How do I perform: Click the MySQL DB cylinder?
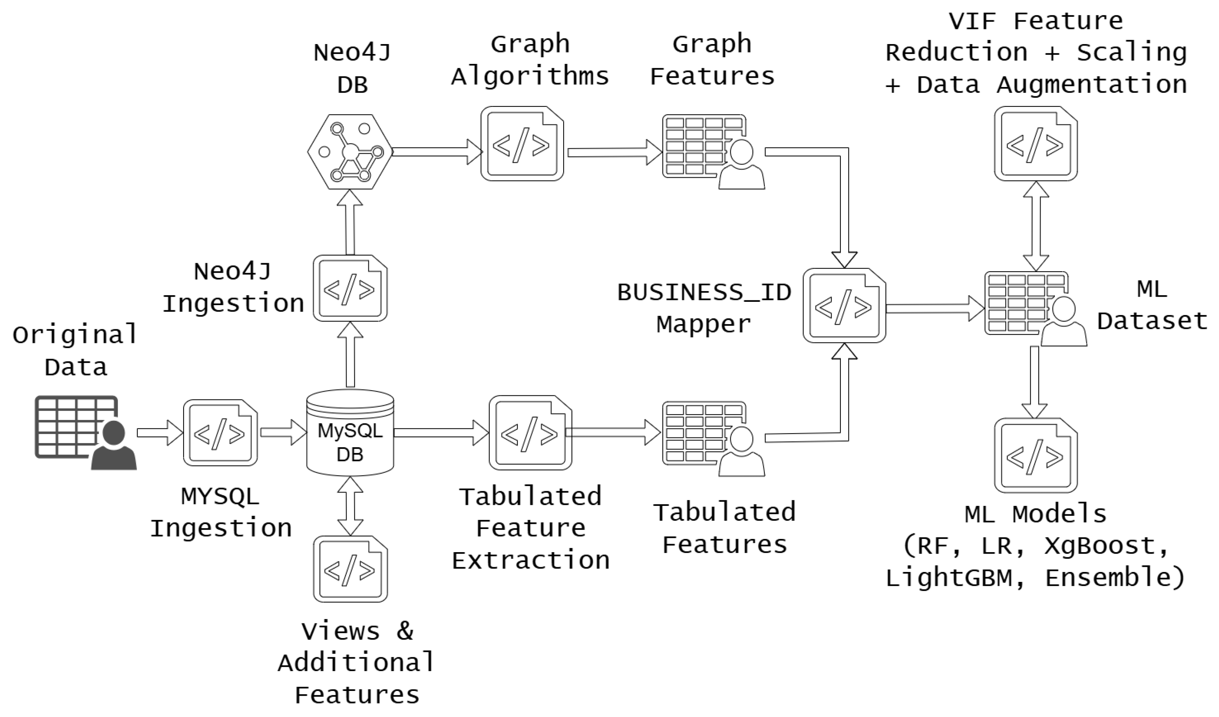tap(350, 432)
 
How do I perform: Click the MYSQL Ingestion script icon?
tap(220, 432)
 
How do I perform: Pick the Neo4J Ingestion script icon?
tap(350, 288)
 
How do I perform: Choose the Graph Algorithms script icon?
tap(522, 144)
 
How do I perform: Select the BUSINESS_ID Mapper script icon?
tap(844, 306)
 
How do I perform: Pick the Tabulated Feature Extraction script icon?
tap(530, 432)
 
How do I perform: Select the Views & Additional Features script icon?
tap(350, 569)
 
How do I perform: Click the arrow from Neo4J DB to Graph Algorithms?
tap(435, 152)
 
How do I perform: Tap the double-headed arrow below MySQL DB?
tap(350, 506)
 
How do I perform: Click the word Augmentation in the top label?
tap(1091, 85)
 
